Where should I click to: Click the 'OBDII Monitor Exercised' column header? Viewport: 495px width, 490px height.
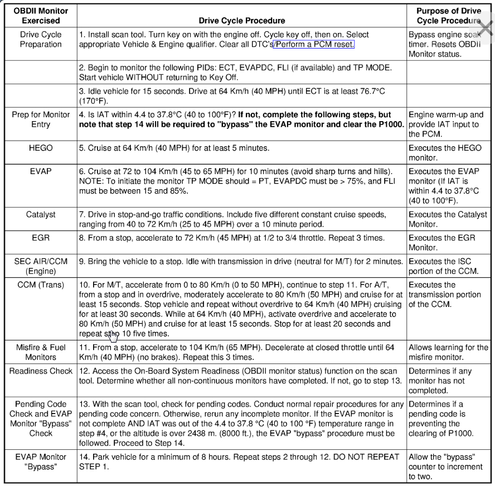(x=40, y=16)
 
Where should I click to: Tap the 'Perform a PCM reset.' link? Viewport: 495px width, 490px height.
(x=314, y=45)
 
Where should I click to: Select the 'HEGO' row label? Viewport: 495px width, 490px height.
(x=40, y=148)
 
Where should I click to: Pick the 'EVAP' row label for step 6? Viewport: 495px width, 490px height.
(x=40, y=171)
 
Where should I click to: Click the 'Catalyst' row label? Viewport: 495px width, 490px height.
(x=40, y=215)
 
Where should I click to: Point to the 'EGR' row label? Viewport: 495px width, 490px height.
(x=40, y=238)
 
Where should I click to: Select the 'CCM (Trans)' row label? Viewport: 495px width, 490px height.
(x=40, y=285)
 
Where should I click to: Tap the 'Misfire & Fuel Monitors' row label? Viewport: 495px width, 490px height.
(x=40, y=352)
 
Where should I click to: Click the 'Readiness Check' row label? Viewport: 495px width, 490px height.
(x=40, y=371)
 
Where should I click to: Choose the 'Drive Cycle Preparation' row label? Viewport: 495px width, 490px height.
(x=40, y=40)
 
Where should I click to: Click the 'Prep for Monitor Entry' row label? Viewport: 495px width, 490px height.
(x=40, y=119)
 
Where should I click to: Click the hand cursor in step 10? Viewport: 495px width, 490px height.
(x=113, y=335)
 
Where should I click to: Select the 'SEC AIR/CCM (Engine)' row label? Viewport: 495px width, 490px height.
(x=40, y=266)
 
